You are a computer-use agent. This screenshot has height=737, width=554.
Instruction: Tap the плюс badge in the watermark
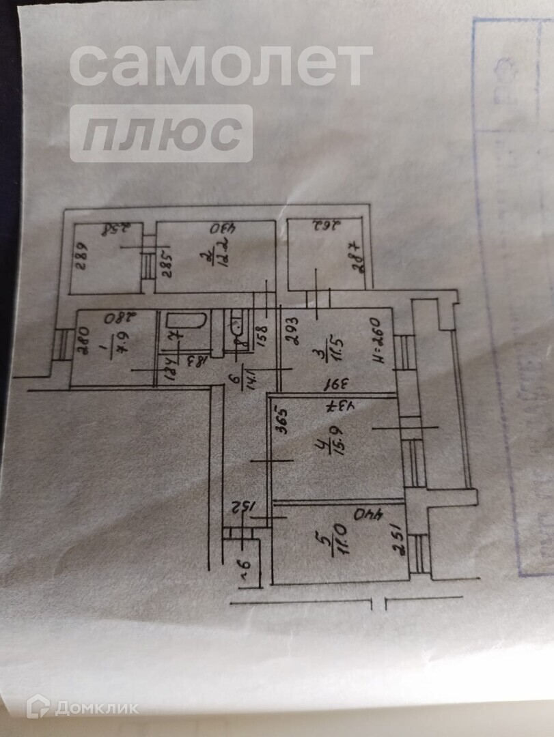coord(161,134)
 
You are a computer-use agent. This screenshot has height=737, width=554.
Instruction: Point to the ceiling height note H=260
coord(378,341)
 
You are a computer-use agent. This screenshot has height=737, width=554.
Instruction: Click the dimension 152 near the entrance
coord(243,508)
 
